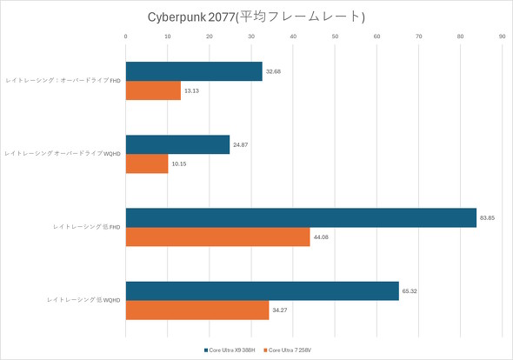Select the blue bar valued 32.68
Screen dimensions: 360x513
[x=194, y=71]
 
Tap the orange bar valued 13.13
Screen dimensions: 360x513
[x=153, y=90]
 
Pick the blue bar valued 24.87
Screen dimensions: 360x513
[x=177, y=144]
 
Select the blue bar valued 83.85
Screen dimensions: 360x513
[x=301, y=217]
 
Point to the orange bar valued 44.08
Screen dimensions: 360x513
[x=218, y=236]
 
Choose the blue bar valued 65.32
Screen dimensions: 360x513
[x=263, y=290]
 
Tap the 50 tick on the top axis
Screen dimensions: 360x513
[x=335, y=37]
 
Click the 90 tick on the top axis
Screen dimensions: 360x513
[x=502, y=37]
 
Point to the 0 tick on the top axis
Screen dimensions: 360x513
[x=126, y=37]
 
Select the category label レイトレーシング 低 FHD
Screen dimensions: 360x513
[x=86, y=227]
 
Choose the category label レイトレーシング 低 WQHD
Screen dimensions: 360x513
[x=84, y=300]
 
